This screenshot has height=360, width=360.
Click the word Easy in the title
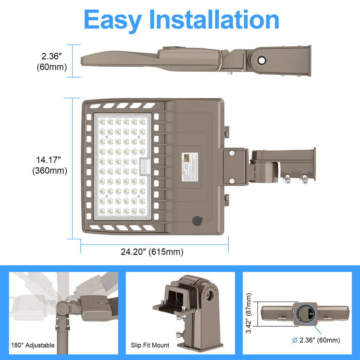pyautogui.click(x=113, y=20)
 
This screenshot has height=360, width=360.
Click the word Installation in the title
pyautogui.click(x=214, y=20)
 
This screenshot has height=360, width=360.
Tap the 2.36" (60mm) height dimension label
pyautogui.click(x=52, y=62)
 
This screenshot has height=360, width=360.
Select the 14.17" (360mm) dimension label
pyautogui.click(x=50, y=165)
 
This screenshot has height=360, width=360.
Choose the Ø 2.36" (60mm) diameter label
pyautogui.click(x=316, y=340)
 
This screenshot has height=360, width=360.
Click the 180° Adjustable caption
pyautogui.click(x=33, y=345)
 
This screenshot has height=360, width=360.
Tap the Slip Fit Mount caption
pyautogui.click(x=150, y=345)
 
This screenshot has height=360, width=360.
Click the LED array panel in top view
pyautogui.click(x=122, y=166)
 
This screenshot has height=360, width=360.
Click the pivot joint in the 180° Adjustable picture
pyautogui.click(x=62, y=305)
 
